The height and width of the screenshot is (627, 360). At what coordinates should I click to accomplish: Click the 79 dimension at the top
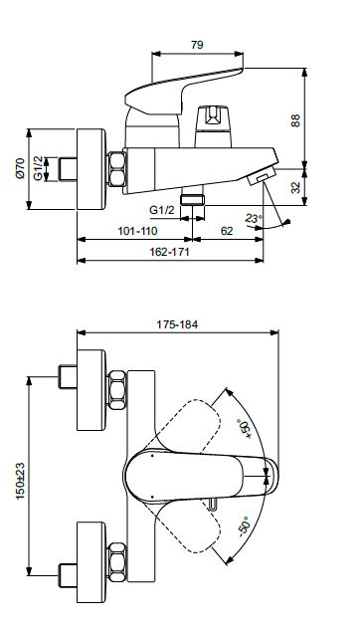[197, 45]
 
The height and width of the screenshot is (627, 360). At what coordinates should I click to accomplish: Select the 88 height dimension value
[295, 120]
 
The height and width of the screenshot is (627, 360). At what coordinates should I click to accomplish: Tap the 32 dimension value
[295, 187]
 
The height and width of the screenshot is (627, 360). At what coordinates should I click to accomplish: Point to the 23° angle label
[254, 218]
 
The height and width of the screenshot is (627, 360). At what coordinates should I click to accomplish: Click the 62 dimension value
[227, 231]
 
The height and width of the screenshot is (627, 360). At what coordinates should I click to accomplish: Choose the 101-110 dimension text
[137, 231]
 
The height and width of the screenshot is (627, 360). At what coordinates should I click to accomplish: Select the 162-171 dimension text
[169, 252]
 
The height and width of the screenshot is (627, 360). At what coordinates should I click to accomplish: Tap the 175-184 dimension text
[177, 324]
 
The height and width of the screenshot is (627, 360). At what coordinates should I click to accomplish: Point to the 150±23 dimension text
[20, 481]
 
